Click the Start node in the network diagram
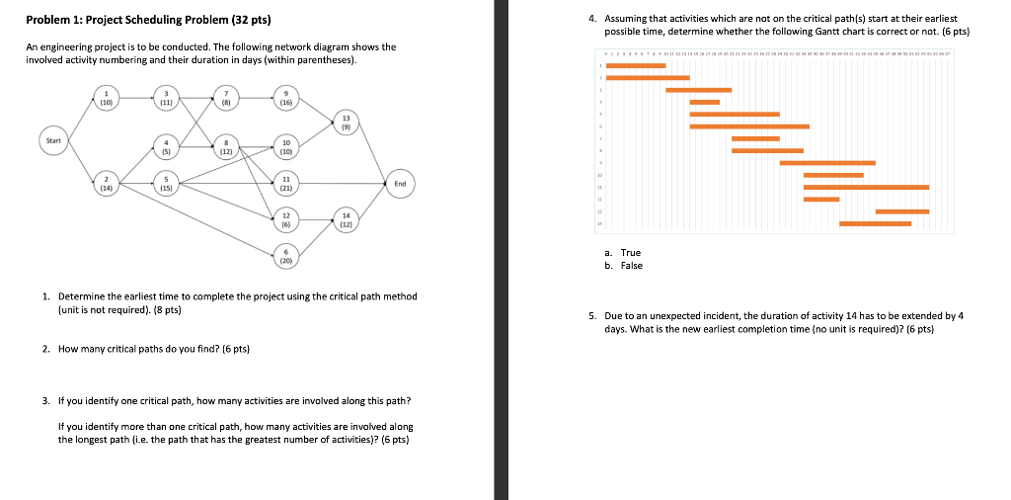click(x=53, y=141)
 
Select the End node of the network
click(x=400, y=184)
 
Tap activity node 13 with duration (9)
click(x=345, y=124)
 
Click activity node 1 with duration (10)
click(x=106, y=98)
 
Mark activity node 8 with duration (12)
click(x=226, y=147)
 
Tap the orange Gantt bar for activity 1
click(x=636, y=65)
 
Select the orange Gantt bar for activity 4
click(x=704, y=102)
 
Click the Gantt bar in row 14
click(x=875, y=223)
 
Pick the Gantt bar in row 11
click(x=866, y=187)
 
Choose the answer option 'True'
click(x=630, y=253)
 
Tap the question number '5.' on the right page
click(x=591, y=316)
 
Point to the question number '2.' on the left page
click(x=46, y=349)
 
